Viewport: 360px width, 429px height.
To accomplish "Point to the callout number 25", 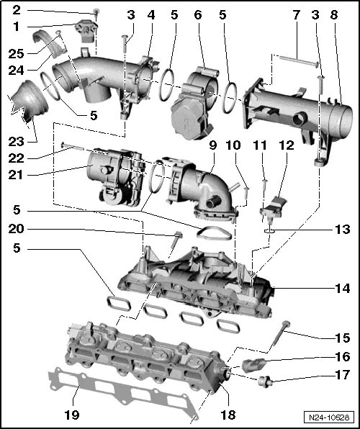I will [x=14, y=53].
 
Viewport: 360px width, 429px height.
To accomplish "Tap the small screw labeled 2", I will [x=96, y=12].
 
